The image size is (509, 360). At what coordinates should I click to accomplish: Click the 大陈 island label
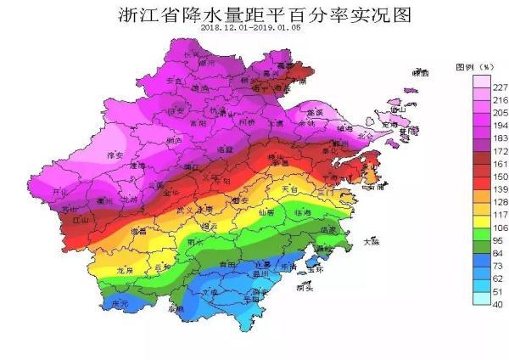[371, 241]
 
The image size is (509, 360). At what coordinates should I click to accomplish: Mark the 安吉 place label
[176, 81]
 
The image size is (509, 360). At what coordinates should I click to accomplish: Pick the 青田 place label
[228, 265]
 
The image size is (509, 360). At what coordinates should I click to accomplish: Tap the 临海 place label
[303, 212]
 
